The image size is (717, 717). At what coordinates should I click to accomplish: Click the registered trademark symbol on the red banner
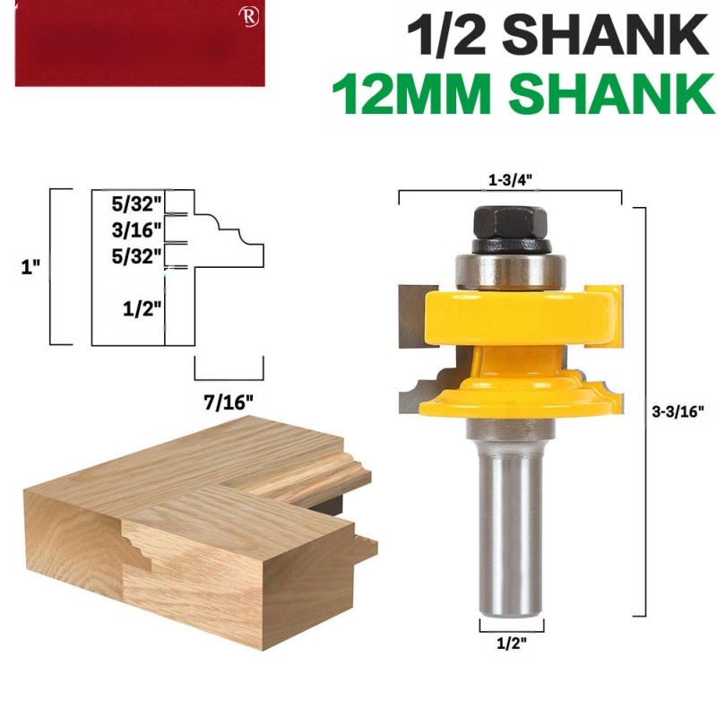tap(248, 17)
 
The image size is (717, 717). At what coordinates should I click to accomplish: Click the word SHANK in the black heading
tap(606, 35)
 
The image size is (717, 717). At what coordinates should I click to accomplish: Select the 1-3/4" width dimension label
tap(510, 180)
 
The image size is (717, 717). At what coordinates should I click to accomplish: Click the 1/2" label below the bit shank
tap(512, 644)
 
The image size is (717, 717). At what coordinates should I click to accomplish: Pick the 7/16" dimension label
tap(229, 402)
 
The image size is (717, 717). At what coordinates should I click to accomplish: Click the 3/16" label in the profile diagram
tap(137, 230)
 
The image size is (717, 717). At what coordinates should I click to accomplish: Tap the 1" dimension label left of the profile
tap(30, 266)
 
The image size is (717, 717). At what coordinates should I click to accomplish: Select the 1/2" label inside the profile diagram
tap(143, 309)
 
